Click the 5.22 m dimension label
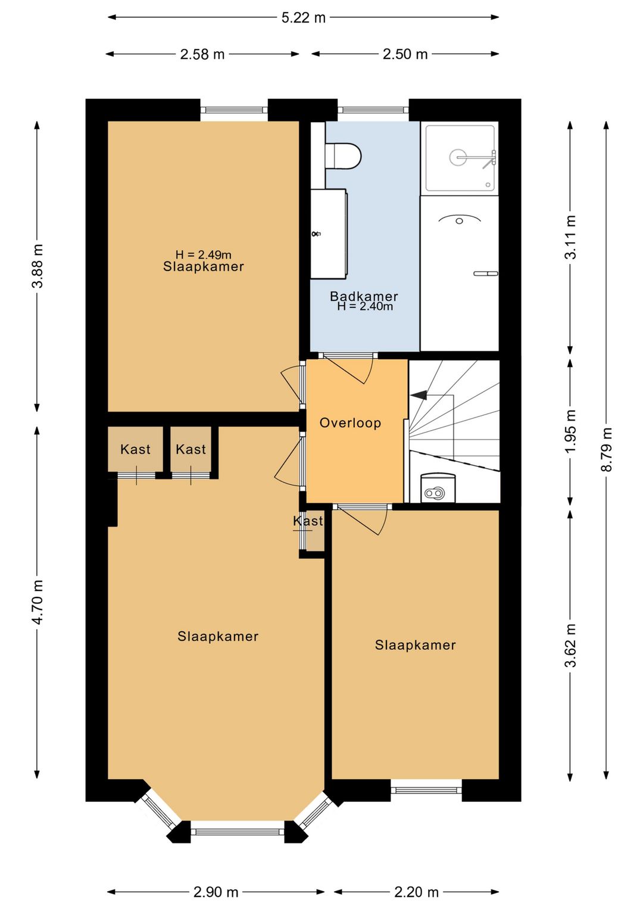[304, 18]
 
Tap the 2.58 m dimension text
[202, 54]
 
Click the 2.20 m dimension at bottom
[416, 892]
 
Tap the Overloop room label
[350, 423]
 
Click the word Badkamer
[364, 296]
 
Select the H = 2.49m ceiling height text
[203, 254]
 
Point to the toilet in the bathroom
[343, 155]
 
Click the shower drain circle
[459, 157]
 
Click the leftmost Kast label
[135, 449]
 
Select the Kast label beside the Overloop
[308, 521]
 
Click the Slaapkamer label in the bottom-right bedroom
[415, 645]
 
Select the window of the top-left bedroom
[234, 110]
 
